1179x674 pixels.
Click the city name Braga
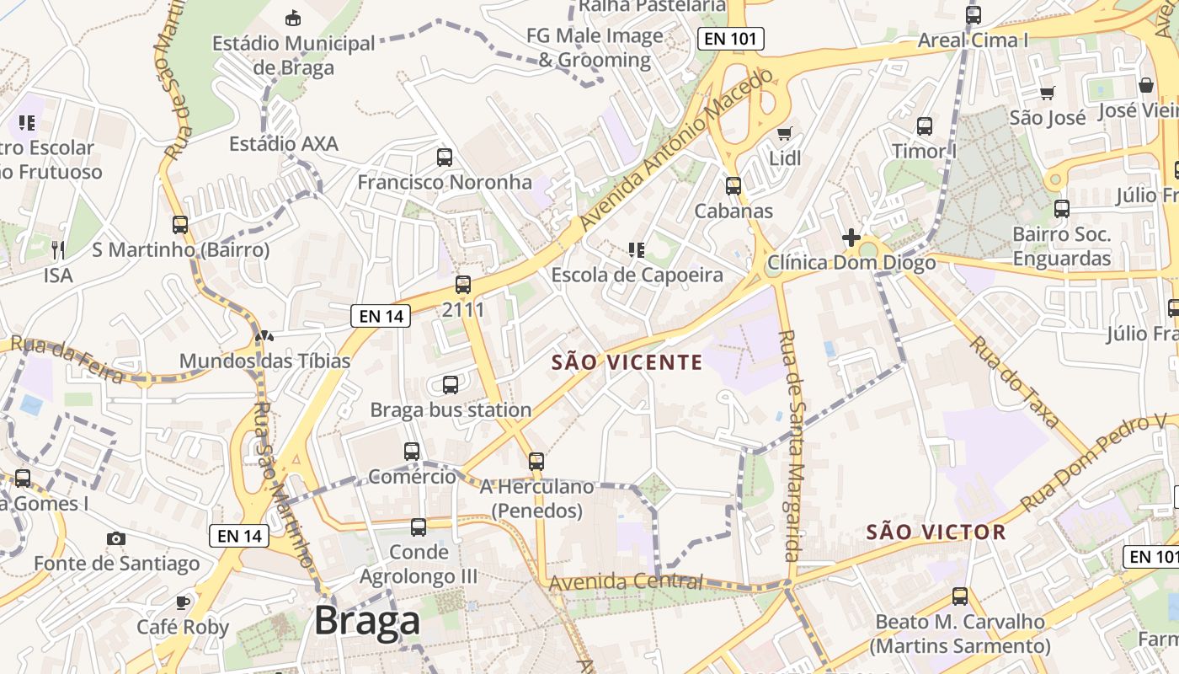point(366,622)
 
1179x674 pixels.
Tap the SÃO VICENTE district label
point(627,362)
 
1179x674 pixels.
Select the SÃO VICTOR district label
point(936,532)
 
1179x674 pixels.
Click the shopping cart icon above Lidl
point(785,133)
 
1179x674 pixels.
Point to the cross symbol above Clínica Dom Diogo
point(851,238)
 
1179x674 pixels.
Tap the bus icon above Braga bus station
point(451,385)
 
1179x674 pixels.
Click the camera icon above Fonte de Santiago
point(116,538)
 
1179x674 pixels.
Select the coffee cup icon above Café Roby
point(182,602)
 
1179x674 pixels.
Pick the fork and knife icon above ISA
point(58,249)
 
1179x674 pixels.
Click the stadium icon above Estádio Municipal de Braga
point(293,18)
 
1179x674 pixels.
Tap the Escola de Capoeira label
point(637,275)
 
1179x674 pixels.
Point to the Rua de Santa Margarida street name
point(789,445)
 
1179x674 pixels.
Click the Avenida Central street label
point(625,581)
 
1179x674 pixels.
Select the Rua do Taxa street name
point(1013,382)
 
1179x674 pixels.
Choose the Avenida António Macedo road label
point(675,152)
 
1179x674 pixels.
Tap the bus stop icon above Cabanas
point(734,185)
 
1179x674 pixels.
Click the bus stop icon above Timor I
point(925,126)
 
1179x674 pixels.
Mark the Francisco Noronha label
point(445,182)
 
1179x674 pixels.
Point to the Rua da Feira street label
point(63,358)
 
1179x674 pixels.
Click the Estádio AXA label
point(284,143)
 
